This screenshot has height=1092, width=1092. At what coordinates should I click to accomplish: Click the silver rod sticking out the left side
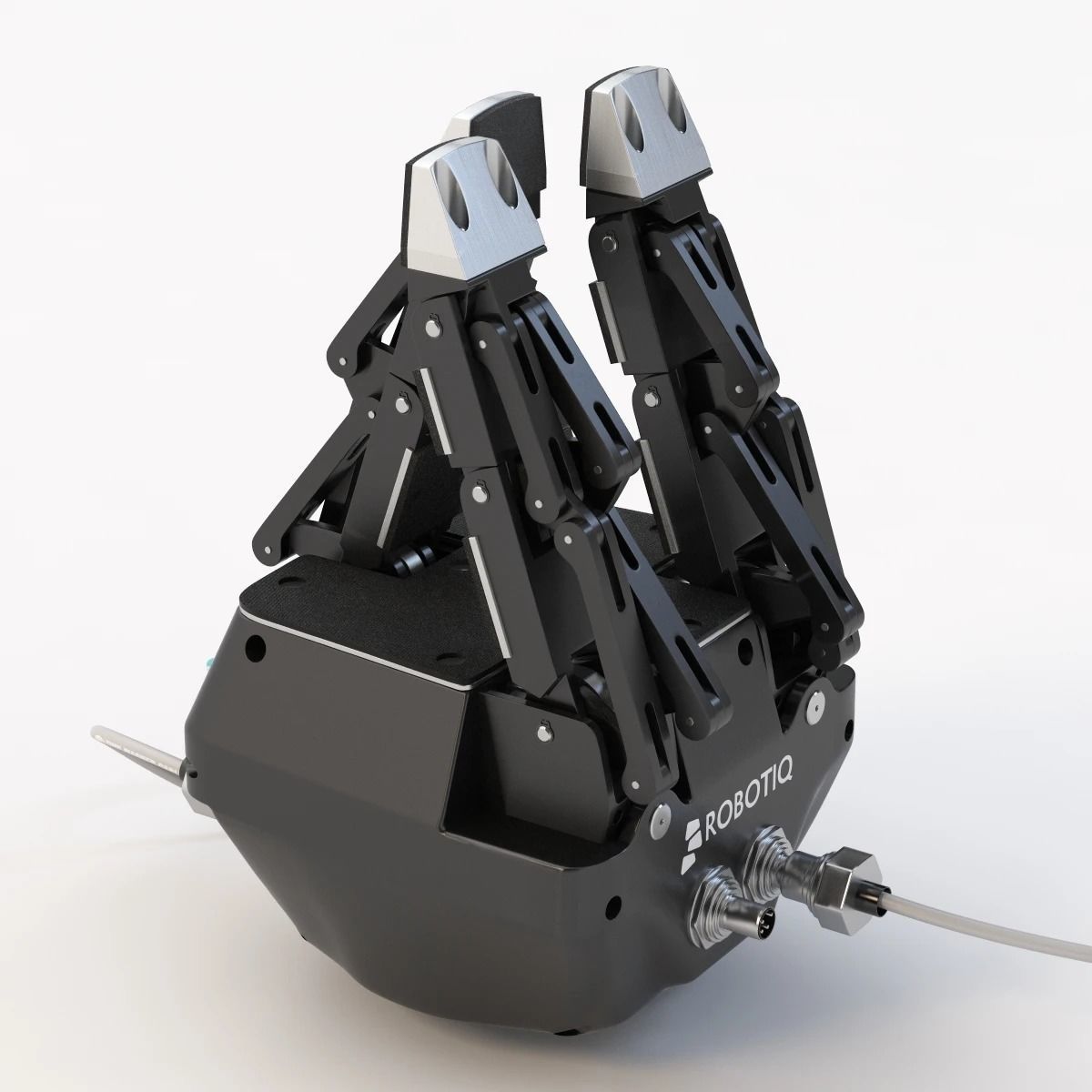[136, 749]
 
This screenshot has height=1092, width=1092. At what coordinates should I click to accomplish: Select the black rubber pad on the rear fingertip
[510, 127]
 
